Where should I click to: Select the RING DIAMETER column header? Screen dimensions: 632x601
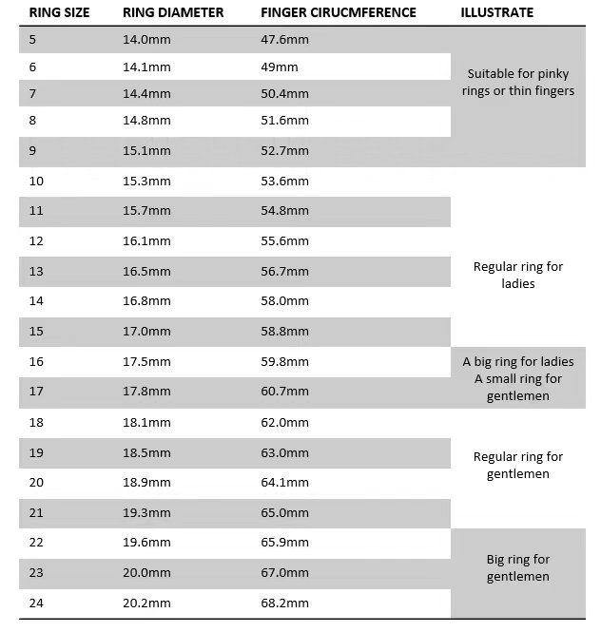(x=173, y=13)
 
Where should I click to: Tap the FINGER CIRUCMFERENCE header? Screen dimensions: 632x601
(x=338, y=13)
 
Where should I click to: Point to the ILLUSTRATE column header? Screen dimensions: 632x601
(x=496, y=13)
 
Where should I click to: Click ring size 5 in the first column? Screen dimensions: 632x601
(x=33, y=40)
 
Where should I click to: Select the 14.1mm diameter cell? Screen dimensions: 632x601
(x=146, y=67)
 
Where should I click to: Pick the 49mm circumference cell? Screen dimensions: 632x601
(x=280, y=67)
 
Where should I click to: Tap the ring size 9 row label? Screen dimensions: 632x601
(x=33, y=150)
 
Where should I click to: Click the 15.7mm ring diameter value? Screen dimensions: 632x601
(x=146, y=210)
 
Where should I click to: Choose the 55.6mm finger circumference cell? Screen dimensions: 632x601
(x=284, y=242)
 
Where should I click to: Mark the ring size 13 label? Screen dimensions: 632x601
(x=37, y=272)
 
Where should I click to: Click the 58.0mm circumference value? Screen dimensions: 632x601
(x=284, y=301)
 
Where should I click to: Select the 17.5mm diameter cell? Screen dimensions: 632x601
(x=146, y=362)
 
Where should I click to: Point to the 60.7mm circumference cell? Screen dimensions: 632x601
(x=284, y=392)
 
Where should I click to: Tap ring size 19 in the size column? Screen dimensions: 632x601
(x=37, y=452)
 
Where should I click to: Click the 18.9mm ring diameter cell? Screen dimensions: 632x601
(x=146, y=482)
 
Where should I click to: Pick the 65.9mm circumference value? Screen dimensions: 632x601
(x=284, y=543)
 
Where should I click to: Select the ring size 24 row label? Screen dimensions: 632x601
(x=37, y=603)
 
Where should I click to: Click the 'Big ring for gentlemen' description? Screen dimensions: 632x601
(x=518, y=568)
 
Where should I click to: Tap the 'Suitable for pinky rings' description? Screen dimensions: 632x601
(x=520, y=83)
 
